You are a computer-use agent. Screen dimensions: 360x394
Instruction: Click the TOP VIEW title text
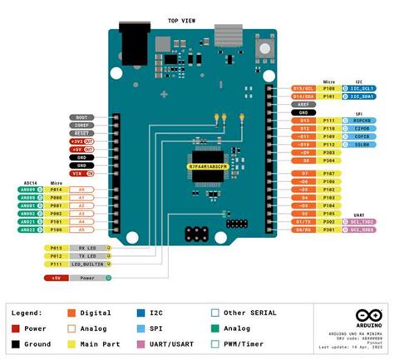[x=181, y=21]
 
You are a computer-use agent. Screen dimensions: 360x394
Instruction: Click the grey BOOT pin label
[x=81, y=117]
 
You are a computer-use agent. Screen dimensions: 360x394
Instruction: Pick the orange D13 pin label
[x=303, y=121]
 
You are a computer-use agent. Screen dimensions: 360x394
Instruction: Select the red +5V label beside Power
[x=56, y=277]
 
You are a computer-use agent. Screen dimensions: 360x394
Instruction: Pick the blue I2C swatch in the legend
[x=142, y=313]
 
